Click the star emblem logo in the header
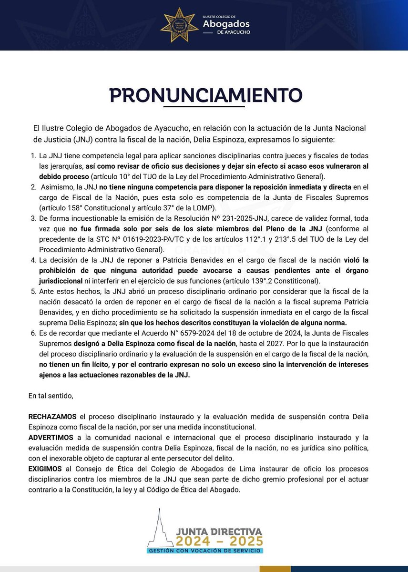coord(179,25)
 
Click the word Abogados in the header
coord(226,24)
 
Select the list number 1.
coord(33,156)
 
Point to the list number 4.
coord(33,260)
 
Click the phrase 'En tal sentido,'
coord(51,395)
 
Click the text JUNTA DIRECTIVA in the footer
coord(218,531)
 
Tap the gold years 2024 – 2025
coord(218,541)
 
